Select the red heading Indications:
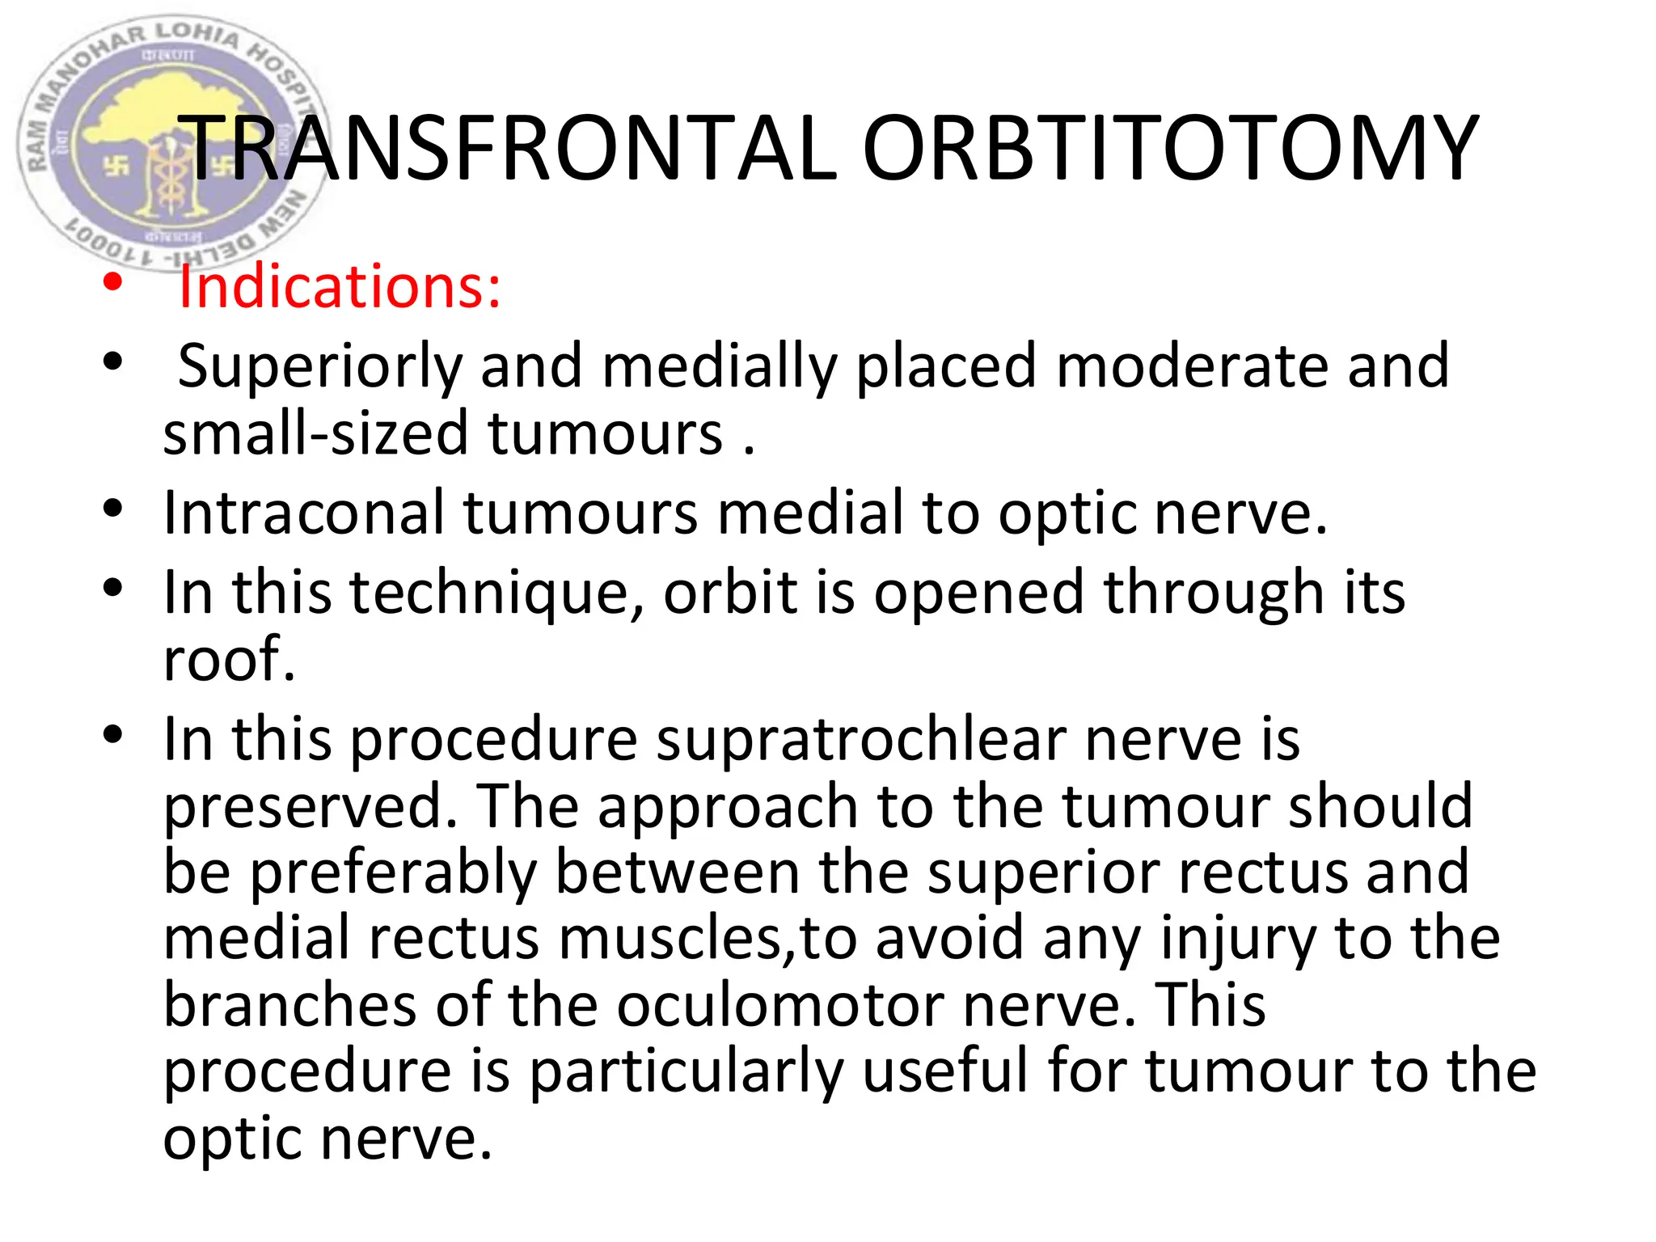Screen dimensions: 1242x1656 click(340, 287)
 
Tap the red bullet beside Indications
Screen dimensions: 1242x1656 click(112, 284)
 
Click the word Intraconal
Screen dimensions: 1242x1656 click(303, 514)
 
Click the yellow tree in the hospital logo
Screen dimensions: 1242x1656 click(170, 121)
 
